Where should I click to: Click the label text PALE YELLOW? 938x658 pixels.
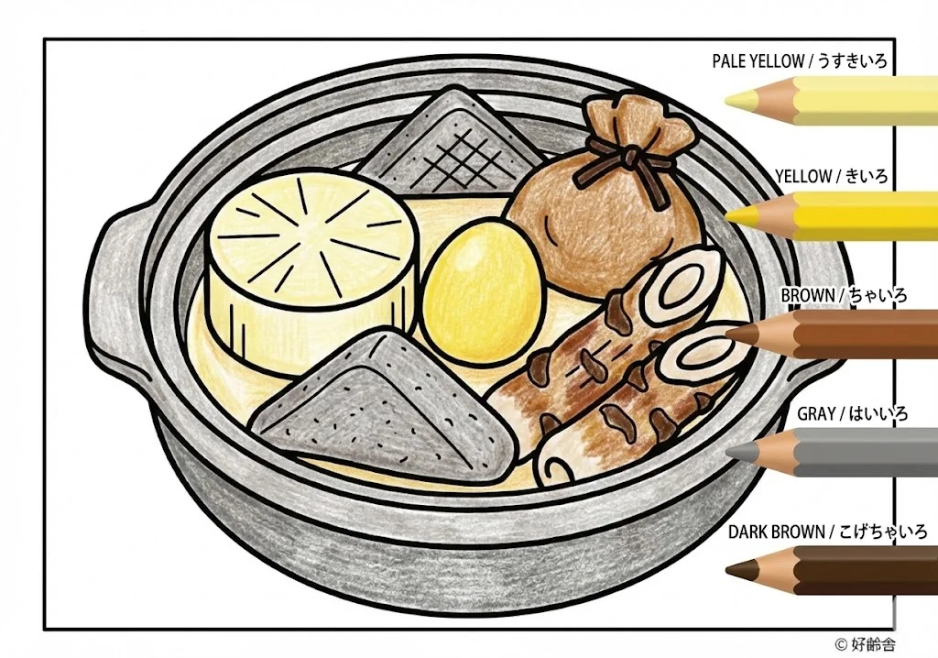pyautogui.click(x=758, y=61)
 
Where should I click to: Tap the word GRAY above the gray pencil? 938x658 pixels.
pyautogui.click(x=815, y=414)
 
